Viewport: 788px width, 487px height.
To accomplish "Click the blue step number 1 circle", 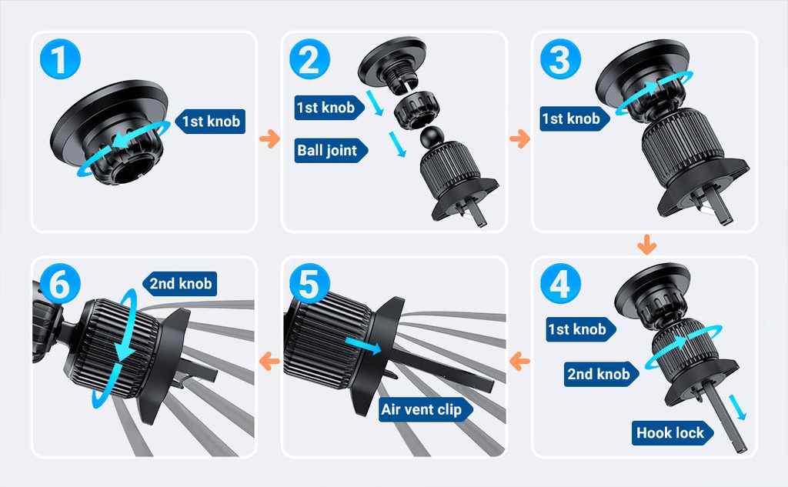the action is coord(60,59).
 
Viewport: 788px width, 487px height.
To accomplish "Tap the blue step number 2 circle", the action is coord(310,59).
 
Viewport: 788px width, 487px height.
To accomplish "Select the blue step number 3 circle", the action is coord(560,59).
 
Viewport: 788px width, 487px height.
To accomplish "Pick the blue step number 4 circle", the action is coord(560,283).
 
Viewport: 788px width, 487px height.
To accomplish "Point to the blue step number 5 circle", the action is coord(310,283).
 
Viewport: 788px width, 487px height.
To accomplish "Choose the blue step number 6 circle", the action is coord(60,283).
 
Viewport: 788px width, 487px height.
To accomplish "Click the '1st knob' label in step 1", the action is coord(210,121).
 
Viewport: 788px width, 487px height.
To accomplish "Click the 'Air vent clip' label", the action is coord(425,409).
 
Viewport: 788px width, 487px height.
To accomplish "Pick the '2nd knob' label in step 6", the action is coord(180,283).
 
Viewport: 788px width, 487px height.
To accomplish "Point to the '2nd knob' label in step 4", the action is coord(601,374).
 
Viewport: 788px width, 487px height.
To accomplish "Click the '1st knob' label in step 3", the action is coord(574,118).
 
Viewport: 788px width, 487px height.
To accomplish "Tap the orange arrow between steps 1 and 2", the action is coord(269,138).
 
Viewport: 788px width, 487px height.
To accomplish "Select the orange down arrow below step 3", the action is coord(646,244).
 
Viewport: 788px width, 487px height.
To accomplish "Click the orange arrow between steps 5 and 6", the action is coord(269,361).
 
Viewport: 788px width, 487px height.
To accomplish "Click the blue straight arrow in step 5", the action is coord(363,345).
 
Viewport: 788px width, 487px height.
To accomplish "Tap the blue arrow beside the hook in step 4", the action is coord(738,406).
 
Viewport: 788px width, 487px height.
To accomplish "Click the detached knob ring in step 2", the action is coord(416,111).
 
